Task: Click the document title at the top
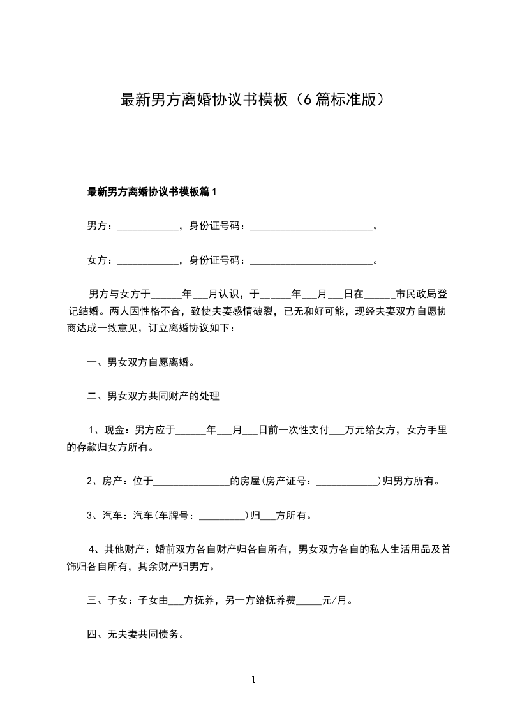click(253, 100)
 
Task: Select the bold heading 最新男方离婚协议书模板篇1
click(153, 191)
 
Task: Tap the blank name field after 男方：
click(148, 225)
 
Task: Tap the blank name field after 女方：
click(148, 260)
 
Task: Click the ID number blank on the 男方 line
click(311, 225)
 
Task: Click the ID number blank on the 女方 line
click(311, 260)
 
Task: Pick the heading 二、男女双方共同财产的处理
click(153, 396)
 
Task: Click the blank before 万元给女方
click(336, 431)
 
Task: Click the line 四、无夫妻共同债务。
click(135, 635)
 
